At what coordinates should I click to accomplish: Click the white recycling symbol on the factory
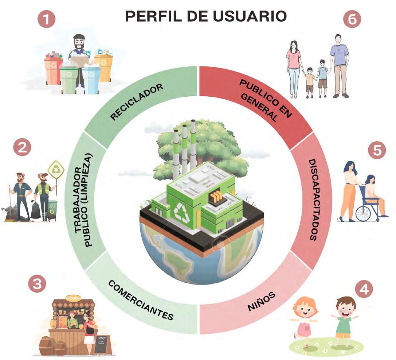pyautogui.click(x=181, y=212)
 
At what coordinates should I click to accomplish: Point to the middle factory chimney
pyautogui.click(x=185, y=146)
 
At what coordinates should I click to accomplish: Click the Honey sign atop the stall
pyautogui.click(x=72, y=297)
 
